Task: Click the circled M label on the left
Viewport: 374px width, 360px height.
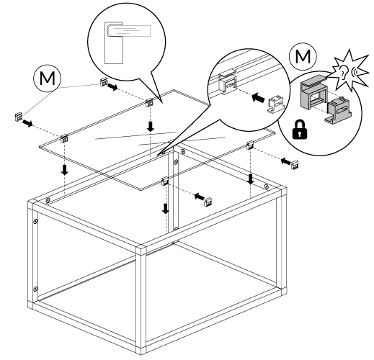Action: [48, 78]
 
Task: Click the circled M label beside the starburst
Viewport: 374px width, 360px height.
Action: [303, 57]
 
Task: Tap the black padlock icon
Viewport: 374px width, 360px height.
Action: [300, 130]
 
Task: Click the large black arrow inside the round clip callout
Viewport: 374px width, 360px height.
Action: [259, 98]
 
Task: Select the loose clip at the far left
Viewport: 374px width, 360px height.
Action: [19, 117]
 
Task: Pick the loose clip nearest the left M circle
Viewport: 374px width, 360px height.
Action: [104, 82]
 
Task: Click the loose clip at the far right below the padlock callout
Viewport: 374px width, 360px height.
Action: [295, 165]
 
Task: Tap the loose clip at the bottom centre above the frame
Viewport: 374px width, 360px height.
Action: [208, 202]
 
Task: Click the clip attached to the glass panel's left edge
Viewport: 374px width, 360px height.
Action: [64, 138]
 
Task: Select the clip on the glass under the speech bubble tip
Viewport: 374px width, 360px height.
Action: [149, 103]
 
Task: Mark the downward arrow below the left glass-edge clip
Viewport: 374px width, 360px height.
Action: [65, 169]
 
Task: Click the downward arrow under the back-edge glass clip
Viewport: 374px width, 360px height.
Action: [151, 127]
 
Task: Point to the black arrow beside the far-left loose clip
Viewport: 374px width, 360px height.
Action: [27, 124]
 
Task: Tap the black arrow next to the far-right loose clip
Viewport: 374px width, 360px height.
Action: [286, 161]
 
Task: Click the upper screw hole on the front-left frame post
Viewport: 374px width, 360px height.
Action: [35, 221]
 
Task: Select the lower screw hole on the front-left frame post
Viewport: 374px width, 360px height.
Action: [35, 289]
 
